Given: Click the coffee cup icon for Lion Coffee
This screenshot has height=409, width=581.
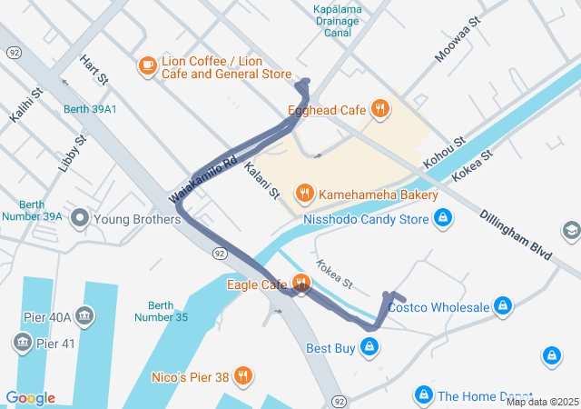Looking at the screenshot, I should [147, 66].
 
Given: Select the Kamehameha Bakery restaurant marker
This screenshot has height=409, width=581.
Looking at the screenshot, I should [305, 194].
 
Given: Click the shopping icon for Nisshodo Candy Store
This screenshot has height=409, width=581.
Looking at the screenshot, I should [442, 219].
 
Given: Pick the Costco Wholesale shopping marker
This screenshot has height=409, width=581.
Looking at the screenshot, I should [502, 306].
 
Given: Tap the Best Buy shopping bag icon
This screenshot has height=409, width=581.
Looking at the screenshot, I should [369, 346].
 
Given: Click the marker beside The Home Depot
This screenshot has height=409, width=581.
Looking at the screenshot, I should [423, 395].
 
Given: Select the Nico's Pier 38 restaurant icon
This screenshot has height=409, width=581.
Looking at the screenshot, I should [242, 375].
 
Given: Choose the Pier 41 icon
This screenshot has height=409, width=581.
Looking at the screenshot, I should [22, 343].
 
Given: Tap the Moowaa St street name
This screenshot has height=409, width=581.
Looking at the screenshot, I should [456, 43].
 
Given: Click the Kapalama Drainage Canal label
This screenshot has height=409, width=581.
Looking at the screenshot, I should [338, 21].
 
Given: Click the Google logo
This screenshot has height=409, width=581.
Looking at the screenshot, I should [30, 398].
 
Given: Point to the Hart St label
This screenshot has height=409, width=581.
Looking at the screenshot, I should [94, 70].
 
